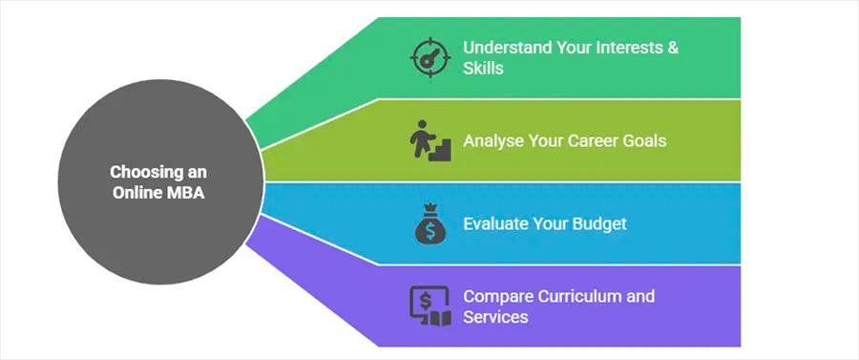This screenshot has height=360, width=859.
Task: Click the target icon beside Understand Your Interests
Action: tap(429, 57)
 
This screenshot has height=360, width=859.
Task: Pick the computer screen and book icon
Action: tap(429, 306)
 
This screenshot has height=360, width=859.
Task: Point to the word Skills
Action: tap(483, 68)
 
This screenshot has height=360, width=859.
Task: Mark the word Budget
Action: tap(598, 223)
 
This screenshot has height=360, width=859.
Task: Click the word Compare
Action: tap(495, 295)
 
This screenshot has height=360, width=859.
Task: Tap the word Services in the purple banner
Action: tap(495, 316)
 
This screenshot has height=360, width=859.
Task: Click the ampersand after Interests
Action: tap(673, 47)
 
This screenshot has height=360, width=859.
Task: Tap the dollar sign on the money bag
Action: tap(429, 229)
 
